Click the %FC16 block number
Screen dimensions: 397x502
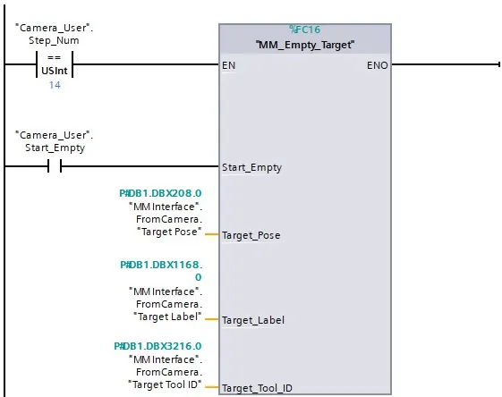(x=304, y=30)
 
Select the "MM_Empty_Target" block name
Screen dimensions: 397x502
(x=304, y=45)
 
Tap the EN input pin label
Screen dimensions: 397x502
(x=228, y=65)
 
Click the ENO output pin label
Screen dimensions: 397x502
(x=377, y=65)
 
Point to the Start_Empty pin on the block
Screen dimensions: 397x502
(x=253, y=166)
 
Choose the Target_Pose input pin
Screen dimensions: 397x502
(x=253, y=235)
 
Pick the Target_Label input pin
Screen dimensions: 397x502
(x=255, y=319)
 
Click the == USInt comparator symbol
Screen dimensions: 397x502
(x=53, y=64)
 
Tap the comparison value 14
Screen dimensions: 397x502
(x=54, y=86)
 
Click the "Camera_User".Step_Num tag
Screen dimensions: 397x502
(x=55, y=34)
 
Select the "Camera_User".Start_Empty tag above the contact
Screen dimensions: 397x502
(x=55, y=140)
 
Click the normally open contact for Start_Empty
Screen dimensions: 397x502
(x=54, y=165)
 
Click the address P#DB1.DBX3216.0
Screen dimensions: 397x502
(x=157, y=345)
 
